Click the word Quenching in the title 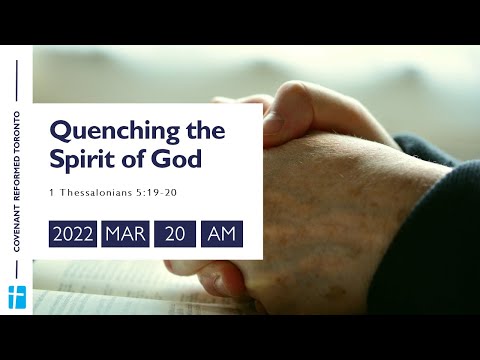coord(104,131)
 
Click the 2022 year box coord(73,234)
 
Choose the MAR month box coord(126,234)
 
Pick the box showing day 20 coord(175,234)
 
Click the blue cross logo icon coord(16,296)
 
